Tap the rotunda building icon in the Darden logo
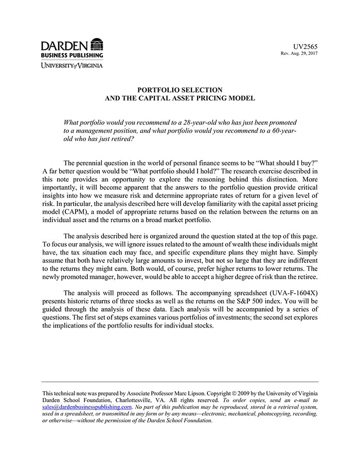pyautogui.click(x=96, y=44)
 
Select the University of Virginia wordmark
pyautogui.click(x=72, y=65)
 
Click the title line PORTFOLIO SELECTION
pyautogui.click(x=180, y=90)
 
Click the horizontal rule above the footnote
pyautogui.click(x=180, y=382)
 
